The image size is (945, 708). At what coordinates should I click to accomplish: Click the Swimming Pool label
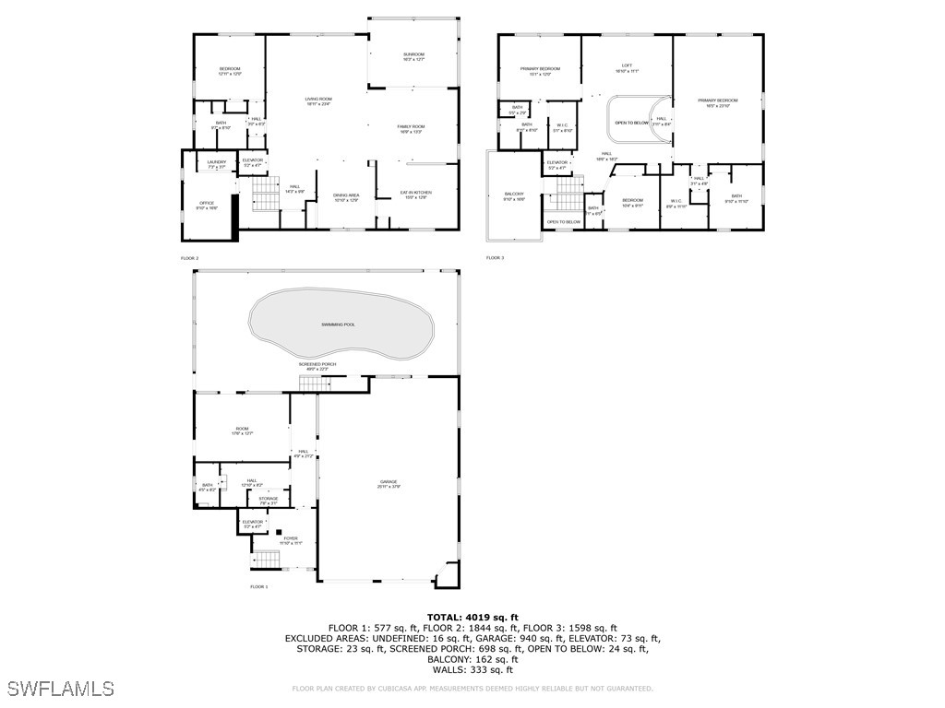338,324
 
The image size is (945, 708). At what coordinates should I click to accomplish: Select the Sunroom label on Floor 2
413,56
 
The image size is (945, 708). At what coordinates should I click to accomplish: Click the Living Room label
317,101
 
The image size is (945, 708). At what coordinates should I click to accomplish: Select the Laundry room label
216,164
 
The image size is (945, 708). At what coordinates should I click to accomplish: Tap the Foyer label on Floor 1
291,540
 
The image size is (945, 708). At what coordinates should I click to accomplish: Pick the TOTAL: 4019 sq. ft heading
472,618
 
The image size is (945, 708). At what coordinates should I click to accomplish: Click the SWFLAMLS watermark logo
61,688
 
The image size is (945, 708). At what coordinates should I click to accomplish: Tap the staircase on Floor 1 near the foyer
266,560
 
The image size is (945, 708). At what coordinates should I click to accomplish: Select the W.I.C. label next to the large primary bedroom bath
676,202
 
